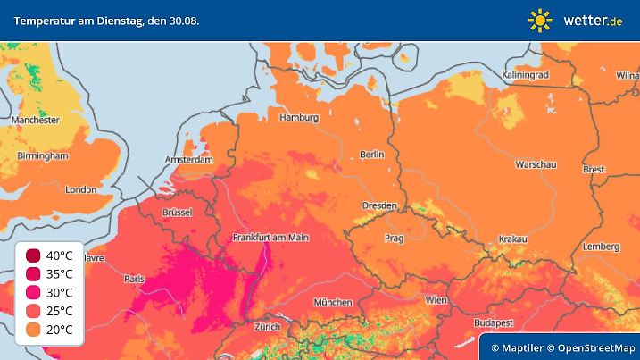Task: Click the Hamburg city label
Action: pyautogui.click(x=299, y=118)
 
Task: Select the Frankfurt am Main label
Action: pyautogui.click(x=270, y=238)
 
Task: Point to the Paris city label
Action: pyautogui.click(x=134, y=280)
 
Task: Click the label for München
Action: pyautogui.click(x=332, y=302)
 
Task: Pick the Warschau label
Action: pyautogui.click(x=536, y=165)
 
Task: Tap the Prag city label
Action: pyautogui.click(x=395, y=239)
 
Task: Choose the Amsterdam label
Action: pyautogui.click(x=188, y=160)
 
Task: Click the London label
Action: pyautogui.click(x=80, y=189)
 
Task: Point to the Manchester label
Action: pyautogui.click(x=35, y=120)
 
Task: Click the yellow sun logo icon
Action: pyautogui.click(x=540, y=20)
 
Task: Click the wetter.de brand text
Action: pyautogui.click(x=594, y=20)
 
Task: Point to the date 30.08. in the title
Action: pyautogui.click(x=181, y=20)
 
